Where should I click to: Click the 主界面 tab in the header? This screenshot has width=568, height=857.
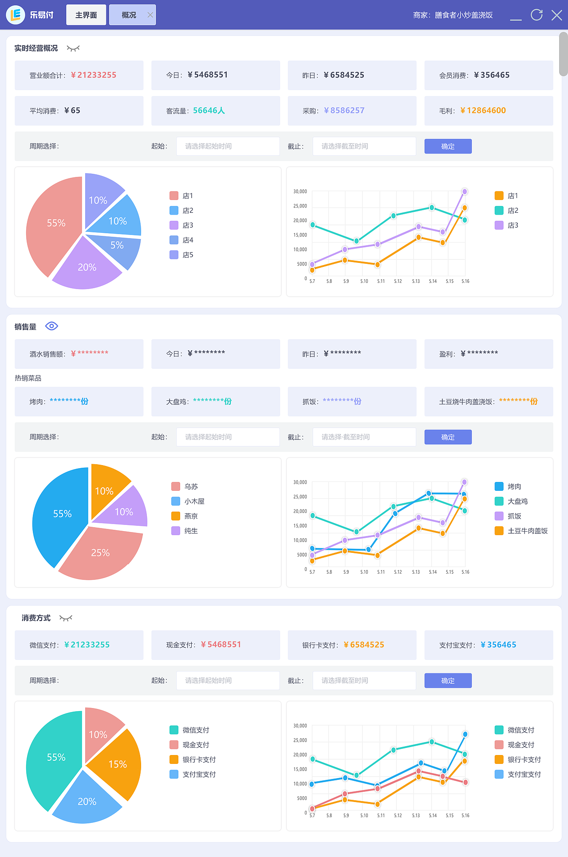point(86,15)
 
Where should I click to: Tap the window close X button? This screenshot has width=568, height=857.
point(556,15)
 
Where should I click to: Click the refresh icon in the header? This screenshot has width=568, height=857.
point(536,15)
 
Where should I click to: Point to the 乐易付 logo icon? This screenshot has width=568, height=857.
point(16,15)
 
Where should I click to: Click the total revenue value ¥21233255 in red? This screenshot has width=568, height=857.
point(94,75)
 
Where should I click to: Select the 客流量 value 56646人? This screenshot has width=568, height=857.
point(209,111)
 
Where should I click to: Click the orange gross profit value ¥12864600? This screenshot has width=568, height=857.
point(483,111)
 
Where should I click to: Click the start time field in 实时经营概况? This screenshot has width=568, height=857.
point(228,146)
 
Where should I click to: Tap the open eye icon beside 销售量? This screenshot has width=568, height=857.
point(51,326)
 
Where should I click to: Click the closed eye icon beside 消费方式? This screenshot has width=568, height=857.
point(66,618)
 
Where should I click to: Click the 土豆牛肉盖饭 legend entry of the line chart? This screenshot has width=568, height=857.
point(522,531)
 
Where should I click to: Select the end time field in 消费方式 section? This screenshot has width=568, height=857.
point(364,681)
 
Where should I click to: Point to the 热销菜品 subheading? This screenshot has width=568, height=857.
point(28,378)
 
